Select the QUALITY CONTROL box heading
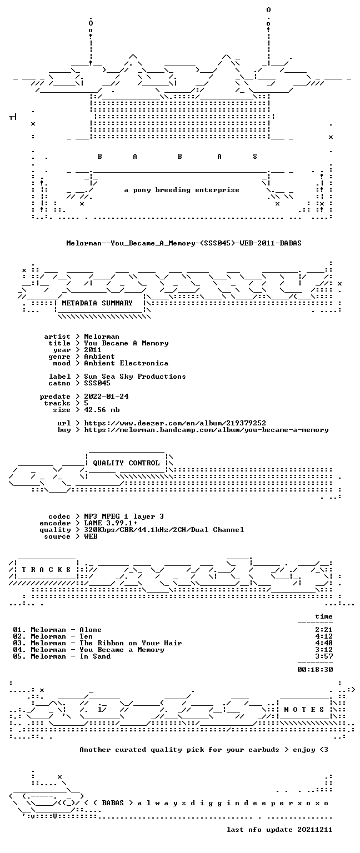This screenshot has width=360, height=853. coord(126,463)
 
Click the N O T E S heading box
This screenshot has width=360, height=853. coord(304,709)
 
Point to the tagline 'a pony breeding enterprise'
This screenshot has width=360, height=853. coord(182,190)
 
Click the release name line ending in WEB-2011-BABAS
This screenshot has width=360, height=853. coord(184,243)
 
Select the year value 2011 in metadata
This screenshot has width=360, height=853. coord(93,350)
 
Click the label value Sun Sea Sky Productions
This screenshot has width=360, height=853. coord(135,377)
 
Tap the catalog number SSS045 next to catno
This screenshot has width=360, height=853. coord(97,383)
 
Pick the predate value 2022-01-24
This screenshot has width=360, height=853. coord(106,397)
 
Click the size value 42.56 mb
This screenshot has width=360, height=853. coord(102,410)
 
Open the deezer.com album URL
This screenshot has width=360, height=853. coord(175,423)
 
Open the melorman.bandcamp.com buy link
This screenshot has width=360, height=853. coord(206,430)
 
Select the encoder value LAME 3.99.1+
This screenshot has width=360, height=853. coord(111,523)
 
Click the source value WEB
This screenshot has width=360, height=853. coord(91,536)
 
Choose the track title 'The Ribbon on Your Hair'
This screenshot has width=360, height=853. coord(131,643)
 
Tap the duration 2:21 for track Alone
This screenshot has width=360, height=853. coord(324,630)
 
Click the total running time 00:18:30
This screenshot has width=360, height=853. coord(315,670)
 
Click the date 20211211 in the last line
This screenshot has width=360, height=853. coord(314,830)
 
